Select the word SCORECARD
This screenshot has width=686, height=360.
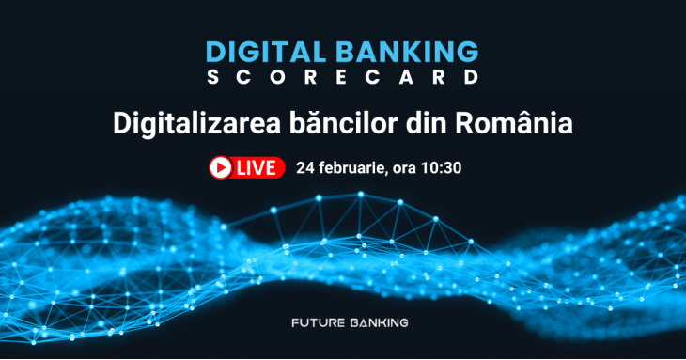[342, 78]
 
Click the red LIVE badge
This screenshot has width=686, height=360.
[246, 168]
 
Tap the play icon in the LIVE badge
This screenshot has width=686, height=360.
[221, 168]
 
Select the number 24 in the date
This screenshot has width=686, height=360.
[304, 168]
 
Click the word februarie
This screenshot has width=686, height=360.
[350, 169]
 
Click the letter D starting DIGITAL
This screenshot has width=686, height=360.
[215, 52]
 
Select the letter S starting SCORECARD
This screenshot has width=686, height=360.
[212, 78]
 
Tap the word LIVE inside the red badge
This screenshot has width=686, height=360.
[257, 168]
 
